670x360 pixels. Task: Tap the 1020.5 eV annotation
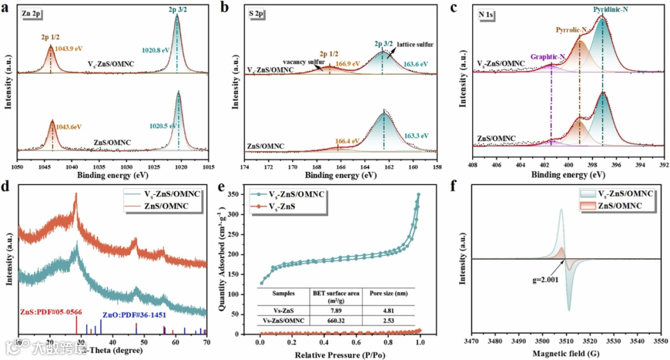pos(163,126)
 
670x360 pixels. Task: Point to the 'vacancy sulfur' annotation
pos(305,63)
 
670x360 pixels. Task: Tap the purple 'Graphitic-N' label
pos(547,57)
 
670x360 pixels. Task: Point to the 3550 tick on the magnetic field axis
pos(661,342)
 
